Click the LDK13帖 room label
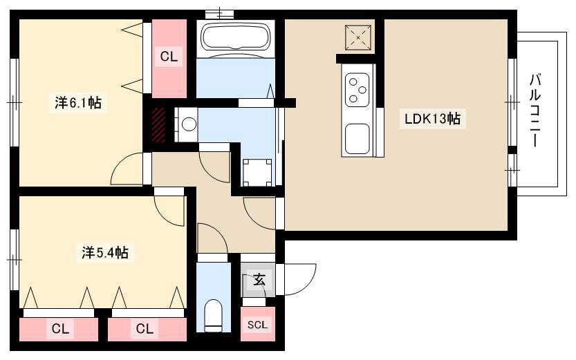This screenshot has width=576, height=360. (432, 119)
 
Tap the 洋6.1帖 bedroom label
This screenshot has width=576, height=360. (78, 102)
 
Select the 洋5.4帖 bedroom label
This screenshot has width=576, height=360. (105, 252)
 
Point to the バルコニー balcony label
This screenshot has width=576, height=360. (535, 110)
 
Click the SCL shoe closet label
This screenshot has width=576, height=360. (257, 325)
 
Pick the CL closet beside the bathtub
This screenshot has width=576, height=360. (169, 57)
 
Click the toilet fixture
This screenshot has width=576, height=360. (213, 316)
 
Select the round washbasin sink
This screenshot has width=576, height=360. (189, 124)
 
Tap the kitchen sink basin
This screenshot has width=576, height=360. (357, 140)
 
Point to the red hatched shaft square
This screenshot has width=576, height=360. (159, 124)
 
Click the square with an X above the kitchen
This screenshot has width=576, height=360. (357, 37)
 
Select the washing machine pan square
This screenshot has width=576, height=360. (257, 173)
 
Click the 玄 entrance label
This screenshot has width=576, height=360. (259, 281)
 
